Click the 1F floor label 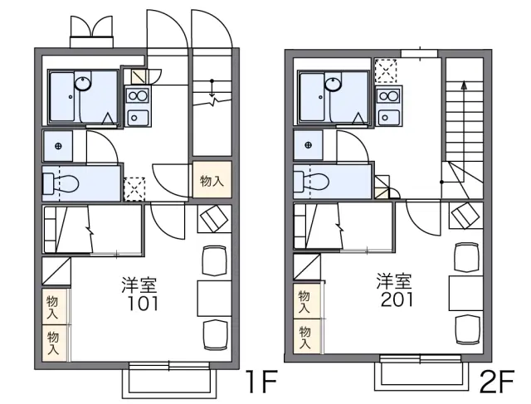[262, 382]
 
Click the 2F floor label [497, 381]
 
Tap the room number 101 [142, 304]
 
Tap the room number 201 [397, 299]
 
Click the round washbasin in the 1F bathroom [83, 83]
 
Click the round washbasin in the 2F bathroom [334, 84]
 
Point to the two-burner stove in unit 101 [138, 95]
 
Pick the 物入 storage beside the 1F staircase [212, 180]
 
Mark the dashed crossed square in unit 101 [134, 189]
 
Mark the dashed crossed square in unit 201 [385, 71]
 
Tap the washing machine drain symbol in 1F [58, 146]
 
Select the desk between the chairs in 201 [466, 293]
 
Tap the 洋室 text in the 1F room [139, 285]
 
